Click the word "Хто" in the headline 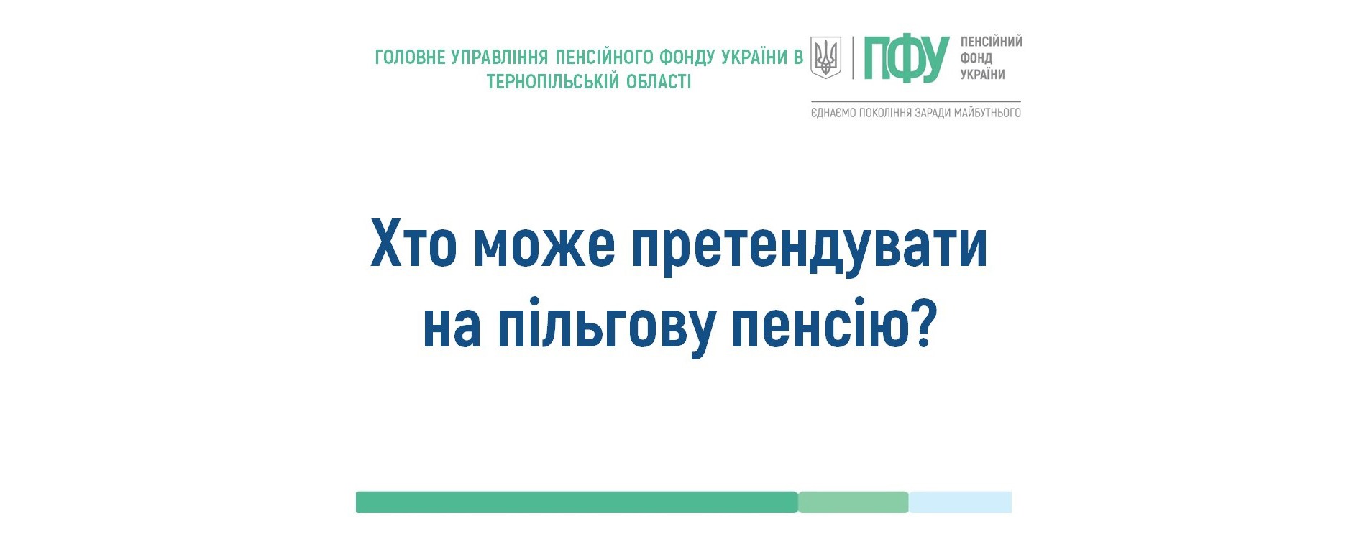click(x=413, y=244)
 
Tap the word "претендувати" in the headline click(x=810, y=249)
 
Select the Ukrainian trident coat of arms click(x=826, y=57)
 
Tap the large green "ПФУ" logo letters click(x=907, y=58)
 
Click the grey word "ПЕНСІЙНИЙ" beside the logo click(x=992, y=42)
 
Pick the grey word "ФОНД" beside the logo click(x=976, y=58)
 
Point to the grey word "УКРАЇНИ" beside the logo click(x=983, y=74)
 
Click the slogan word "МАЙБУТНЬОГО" click(x=987, y=113)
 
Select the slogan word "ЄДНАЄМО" click(x=833, y=113)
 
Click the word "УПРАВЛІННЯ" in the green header click(x=500, y=57)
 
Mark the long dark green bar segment click(x=577, y=502)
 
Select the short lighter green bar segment click(x=854, y=502)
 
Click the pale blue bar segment click(x=960, y=502)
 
